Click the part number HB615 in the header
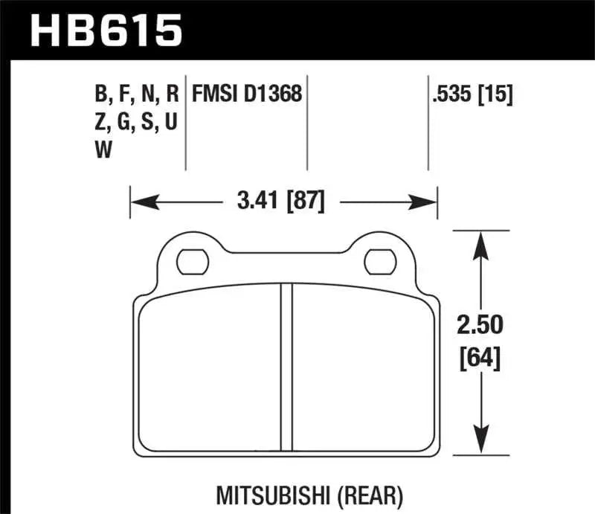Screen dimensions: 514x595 [104, 30]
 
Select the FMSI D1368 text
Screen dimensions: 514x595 [247, 94]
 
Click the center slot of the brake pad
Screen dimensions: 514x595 [286, 368]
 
